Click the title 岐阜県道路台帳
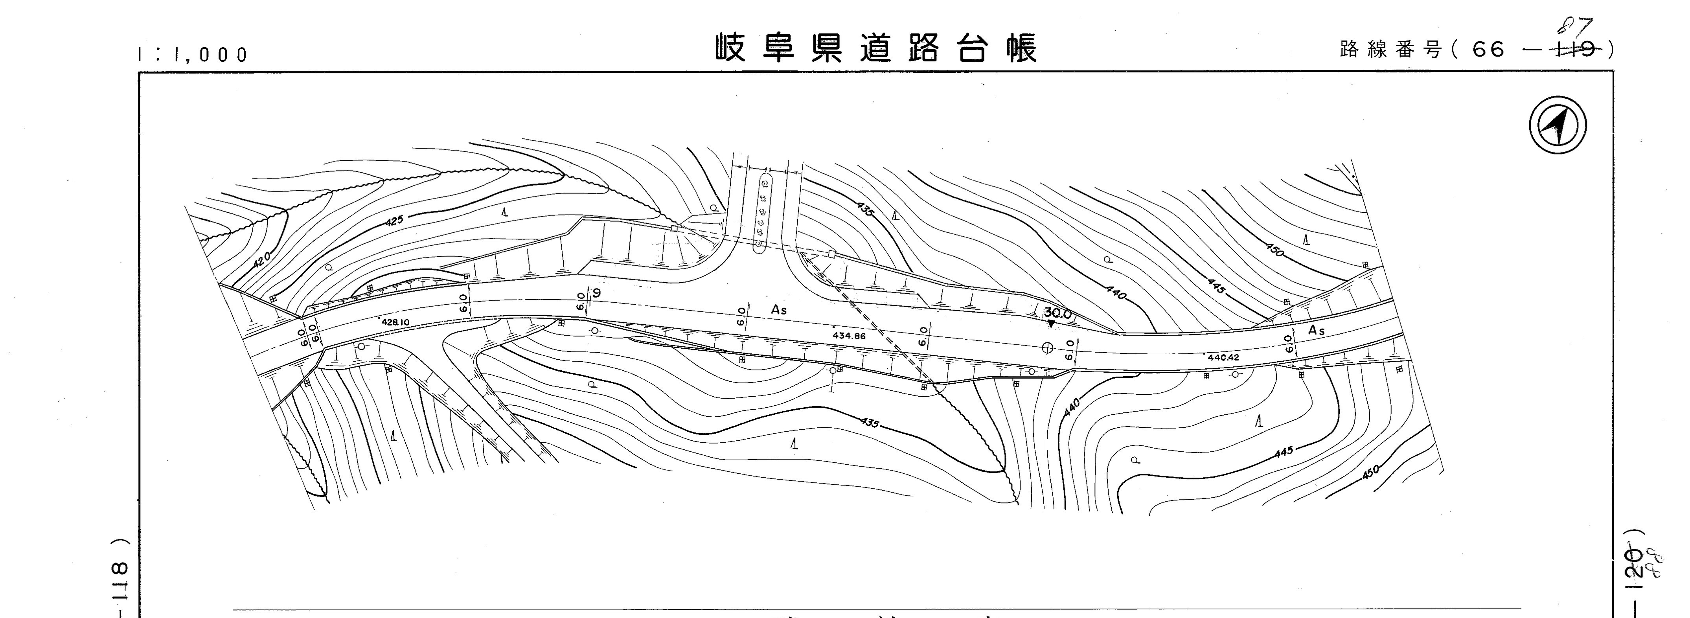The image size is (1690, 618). [876, 48]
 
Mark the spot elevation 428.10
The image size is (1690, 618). [395, 322]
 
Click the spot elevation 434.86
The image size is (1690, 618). [849, 336]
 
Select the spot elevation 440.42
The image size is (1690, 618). [1223, 357]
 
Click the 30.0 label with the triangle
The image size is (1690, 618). [1057, 314]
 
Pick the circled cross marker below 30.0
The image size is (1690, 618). [1047, 348]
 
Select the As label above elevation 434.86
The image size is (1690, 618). [779, 310]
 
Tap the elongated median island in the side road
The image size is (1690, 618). [763, 212]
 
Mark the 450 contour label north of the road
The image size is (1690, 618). [1274, 250]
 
